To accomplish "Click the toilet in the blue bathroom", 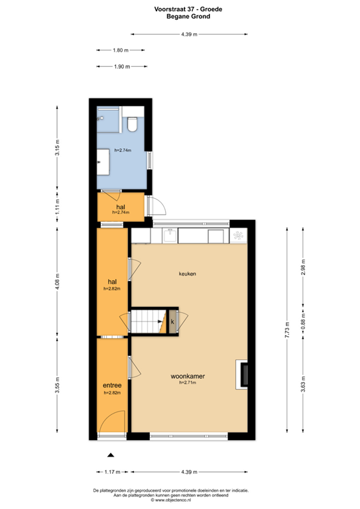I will tap(133, 123).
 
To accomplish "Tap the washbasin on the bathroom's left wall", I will tap(103, 160).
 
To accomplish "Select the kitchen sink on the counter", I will tap(171, 235).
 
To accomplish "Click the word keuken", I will tap(188, 273).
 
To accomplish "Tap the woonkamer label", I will tap(187, 376).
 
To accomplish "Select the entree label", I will tap(111, 385).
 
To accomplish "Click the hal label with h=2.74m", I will tap(121, 207).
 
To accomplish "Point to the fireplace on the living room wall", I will tap(245, 374).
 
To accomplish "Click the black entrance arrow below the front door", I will tap(111, 455).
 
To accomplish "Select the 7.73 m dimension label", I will tap(287, 329).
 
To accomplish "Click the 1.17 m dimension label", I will tap(112, 472).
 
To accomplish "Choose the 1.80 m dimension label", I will tap(120, 50).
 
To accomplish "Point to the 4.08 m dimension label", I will tap(58, 283).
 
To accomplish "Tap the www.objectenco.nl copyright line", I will tap(180, 501).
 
